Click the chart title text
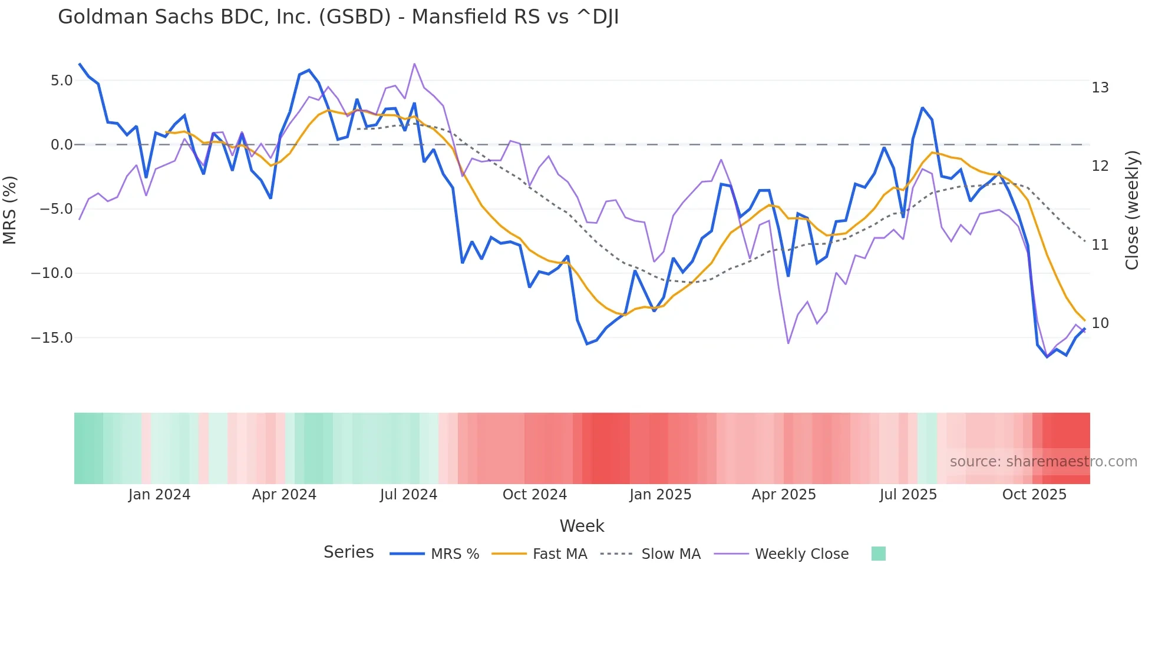coord(338,17)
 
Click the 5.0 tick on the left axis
coord(61,81)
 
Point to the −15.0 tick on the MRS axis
coord(52,338)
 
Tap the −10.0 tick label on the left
coord(52,273)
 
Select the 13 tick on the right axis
coord(1100,88)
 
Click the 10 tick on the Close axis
coord(1100,323)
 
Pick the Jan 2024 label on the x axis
coord(159,495)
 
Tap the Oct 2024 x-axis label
coord(534,495)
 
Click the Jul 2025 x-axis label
coord(908,495)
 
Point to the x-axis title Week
coord(582,526)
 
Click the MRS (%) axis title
coord(10,210)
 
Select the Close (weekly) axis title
coord(1132,210)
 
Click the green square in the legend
coord(878,554)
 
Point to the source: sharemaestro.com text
coord(1043,462)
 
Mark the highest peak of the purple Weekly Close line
coord(414,64)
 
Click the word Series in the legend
coord(348,552)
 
